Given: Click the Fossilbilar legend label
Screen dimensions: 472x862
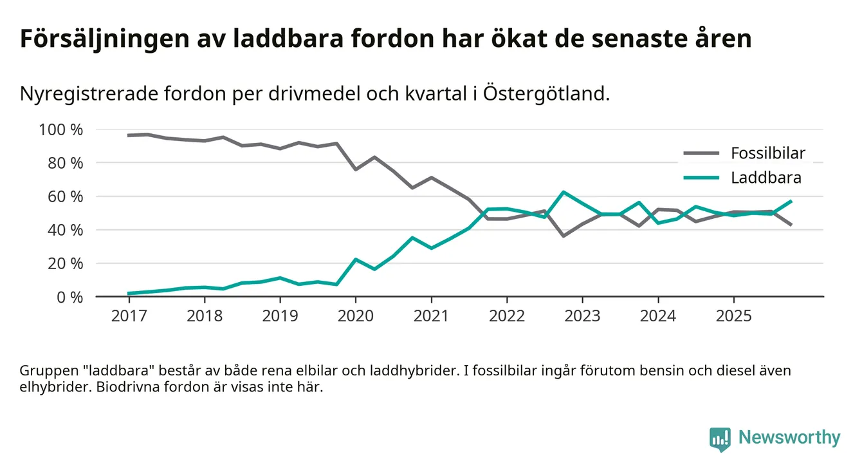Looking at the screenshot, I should click(x=767, y=153).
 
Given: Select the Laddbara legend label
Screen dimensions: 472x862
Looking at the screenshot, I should click(x=766, y=178).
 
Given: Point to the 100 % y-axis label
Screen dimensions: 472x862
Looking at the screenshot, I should click(x=61, y=129).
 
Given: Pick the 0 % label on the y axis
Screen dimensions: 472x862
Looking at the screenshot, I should click(x=68, y=297).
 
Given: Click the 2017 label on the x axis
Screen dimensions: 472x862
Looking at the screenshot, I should click(x=129, y=317).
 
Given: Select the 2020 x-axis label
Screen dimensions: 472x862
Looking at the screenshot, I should click(x=355, y=317).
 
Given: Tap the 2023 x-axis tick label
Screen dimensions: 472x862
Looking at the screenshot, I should click(x=582, y=317).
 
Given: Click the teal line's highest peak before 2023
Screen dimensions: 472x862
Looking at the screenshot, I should click(x=564, y=192).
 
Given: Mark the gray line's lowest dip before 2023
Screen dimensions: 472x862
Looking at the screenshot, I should click(x=564, y=236).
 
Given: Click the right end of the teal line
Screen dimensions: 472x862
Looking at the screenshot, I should click(x=791, y=202).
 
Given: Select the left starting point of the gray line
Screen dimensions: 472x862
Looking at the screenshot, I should click(x=129, y=135).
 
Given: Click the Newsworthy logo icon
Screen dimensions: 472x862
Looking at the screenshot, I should click(x=720, y=438).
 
